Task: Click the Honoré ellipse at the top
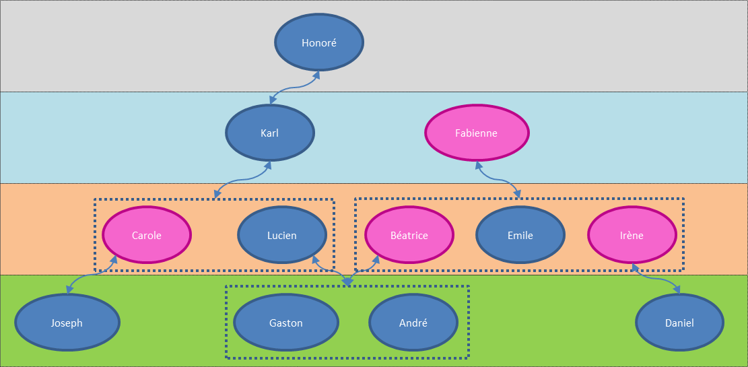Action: pyautogui.click(x=319, y=43)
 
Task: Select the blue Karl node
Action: pyautogui.click(x=269, y=133)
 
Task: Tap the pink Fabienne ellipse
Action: pyautogui.click(x=477, y=133)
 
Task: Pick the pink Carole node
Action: pyautogui.click(x=147, y=235)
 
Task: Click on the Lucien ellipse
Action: pyautogui.click(x=282, y=235)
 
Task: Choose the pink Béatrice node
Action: pyautogui.click(x=409, y=235)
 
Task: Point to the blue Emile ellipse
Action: pyautogui.click(x=520, y=235)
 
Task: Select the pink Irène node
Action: pyautogui.click(x=632, y=235)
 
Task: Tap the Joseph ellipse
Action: pyautogui.click(x=67, y=323)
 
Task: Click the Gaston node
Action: pyautogui.click(x=286, y=323)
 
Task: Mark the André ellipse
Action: pyautogui.click(x=413, y=323)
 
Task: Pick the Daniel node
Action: pyautogui.click(x=679, y=323)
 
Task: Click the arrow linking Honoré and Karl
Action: pyautogui.click(x=295, y=88)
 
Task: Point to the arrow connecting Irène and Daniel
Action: pyautogui.click(x=656, y=278)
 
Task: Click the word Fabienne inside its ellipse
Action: pyautogui.click(x=477, y=133)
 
